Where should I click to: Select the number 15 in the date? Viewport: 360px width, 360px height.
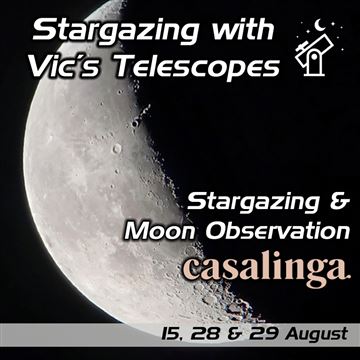click(x=169, y=334)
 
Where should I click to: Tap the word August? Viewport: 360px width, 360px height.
click(x=311, y=335)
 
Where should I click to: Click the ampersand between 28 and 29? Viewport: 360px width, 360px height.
click(x=227, y=334)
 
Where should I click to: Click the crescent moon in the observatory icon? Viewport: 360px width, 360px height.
click(x=320, y=24)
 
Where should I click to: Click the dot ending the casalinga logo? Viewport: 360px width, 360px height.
click(x=348, y=276)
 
